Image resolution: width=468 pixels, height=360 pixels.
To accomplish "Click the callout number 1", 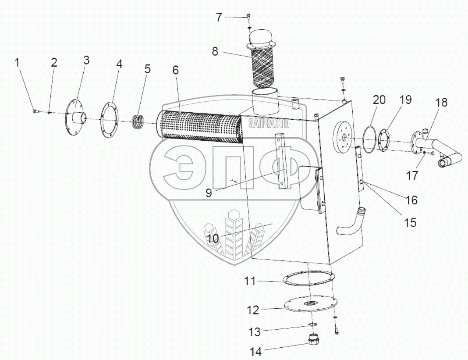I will pos(18,62).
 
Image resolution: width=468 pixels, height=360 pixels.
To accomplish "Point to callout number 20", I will pos(379,100).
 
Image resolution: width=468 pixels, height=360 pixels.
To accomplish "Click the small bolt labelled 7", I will pos(248,16).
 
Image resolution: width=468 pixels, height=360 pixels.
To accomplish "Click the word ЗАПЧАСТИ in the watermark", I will pos(265,124).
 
